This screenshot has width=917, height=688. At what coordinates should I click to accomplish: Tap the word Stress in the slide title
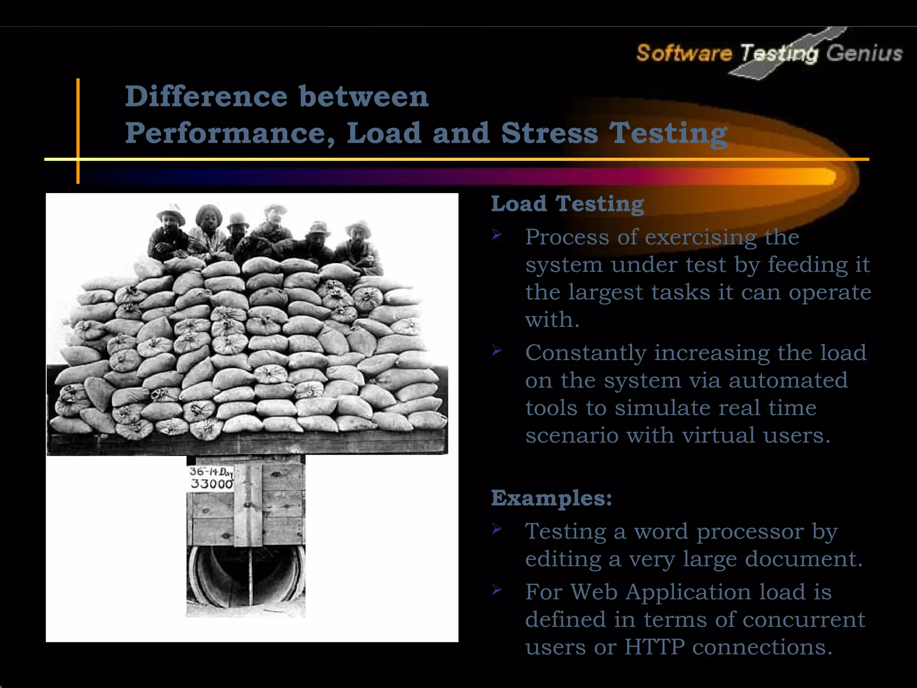pos(549,133)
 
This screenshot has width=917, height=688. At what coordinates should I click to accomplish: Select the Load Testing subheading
pos(567,204)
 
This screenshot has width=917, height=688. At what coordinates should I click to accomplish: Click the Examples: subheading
pos(551,498)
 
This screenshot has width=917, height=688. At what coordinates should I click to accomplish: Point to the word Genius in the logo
pos(864,53)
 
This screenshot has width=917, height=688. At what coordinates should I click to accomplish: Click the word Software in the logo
pos(684,53)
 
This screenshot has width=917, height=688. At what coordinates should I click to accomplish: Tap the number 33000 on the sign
pos(212,484)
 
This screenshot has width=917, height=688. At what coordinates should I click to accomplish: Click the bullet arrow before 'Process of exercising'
pos(497,234)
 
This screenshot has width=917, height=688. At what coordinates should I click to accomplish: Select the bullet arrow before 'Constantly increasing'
pos(497,350)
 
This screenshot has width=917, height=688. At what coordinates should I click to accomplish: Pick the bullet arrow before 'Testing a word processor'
pos(497,529)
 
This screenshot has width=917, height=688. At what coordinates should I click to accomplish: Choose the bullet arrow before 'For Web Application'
pos(497,589)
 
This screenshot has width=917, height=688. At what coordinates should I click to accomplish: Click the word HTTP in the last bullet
pos(654,647)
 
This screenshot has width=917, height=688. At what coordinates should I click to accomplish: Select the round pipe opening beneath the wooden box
pos(246,578)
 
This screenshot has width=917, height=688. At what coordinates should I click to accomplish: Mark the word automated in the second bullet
pos(788,380)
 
